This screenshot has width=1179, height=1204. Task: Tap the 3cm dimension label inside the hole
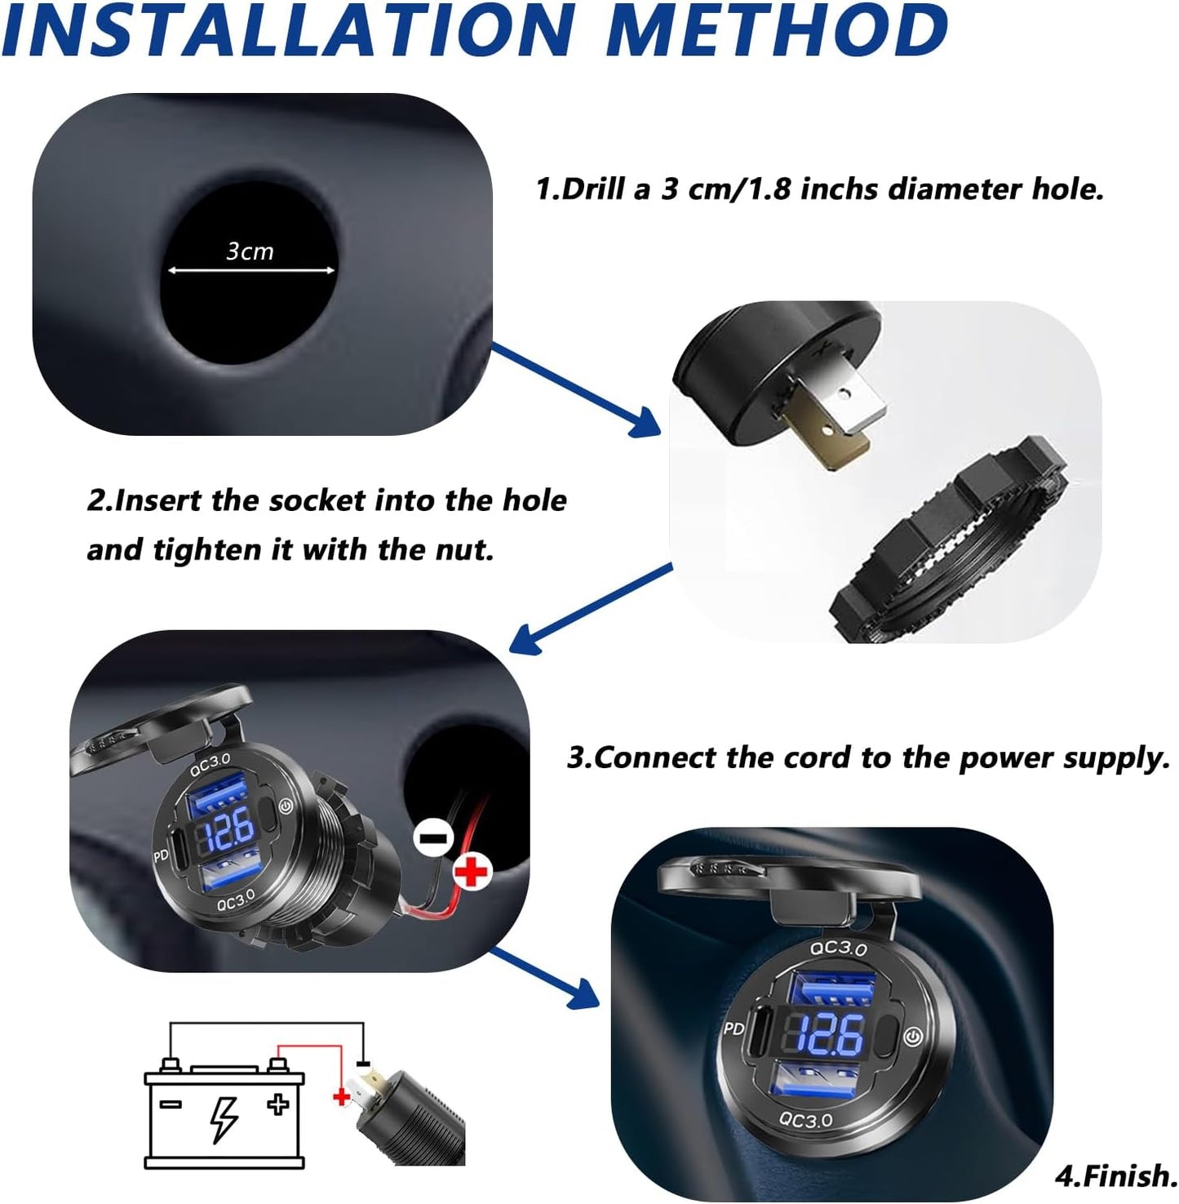(250, 251)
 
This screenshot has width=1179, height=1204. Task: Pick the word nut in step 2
(464, 549)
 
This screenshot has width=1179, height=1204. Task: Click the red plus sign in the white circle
(472, 873)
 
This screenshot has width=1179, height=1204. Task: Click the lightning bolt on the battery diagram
(224, 1118)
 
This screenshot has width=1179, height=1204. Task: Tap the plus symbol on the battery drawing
(278, 1105)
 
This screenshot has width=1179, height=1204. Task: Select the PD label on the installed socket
(734, 1029)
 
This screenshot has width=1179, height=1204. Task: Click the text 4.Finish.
(1115, 1176)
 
